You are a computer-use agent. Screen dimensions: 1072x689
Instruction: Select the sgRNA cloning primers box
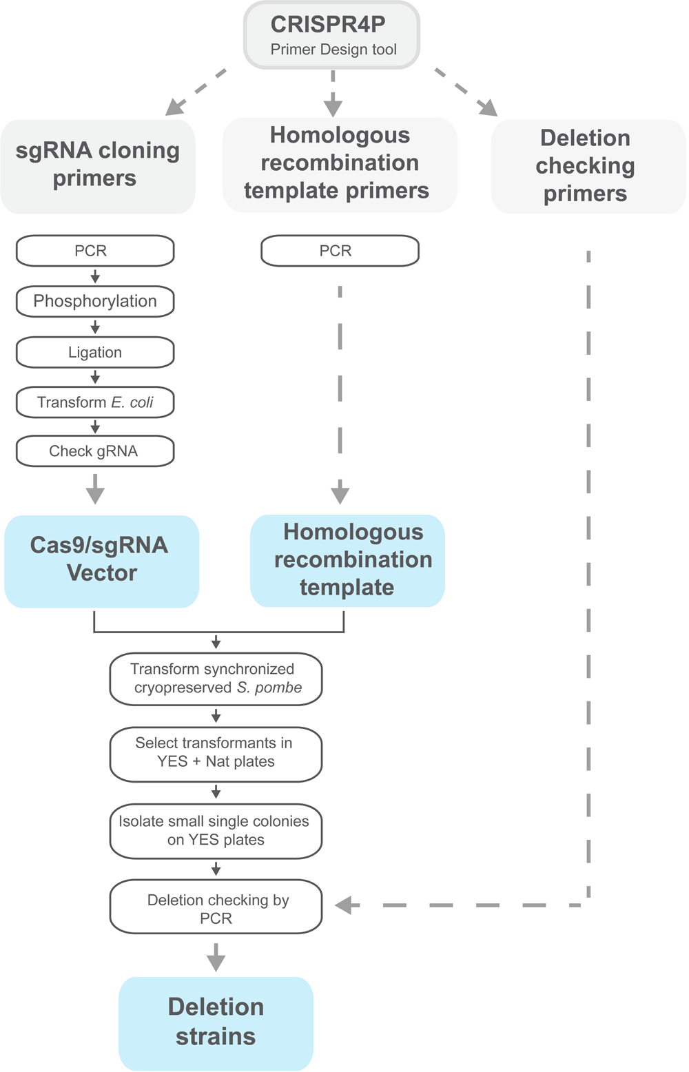click(x=97, y=165)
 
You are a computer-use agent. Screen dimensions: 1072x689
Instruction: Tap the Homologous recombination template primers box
click(x=339, y=164)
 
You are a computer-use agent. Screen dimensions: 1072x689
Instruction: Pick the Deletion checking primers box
click(x=587, y=166)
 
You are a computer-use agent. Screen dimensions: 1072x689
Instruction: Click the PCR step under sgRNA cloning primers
click(x=95, y=251)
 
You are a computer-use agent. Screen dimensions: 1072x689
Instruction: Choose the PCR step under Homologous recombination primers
click(x=340, y=251)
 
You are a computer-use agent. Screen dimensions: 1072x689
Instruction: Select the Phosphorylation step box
click(x=95, y=302)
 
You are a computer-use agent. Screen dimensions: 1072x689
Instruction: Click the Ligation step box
click(x=95, y=352)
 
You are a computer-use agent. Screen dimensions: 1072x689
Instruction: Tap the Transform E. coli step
click(x=95, y=402)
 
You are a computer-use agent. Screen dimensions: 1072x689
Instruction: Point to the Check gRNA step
click(x=95, y=451)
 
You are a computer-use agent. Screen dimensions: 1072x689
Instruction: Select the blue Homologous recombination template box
click(x=347, y=560)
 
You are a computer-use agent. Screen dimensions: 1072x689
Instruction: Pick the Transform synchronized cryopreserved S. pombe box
click(x=216, y=679)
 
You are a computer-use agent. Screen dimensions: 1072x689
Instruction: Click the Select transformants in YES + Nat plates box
click(x=216, y=753)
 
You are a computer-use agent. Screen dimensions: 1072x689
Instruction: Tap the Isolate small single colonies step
click(x=216, y=831)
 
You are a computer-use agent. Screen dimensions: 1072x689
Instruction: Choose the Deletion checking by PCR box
click(x=216, y=908)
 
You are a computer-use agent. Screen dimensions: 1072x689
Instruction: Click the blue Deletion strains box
click(x=216, y=1022)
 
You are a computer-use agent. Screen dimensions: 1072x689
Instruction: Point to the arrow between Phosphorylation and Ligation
click(x=95, y=327)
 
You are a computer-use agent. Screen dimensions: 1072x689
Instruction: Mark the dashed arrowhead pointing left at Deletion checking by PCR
click(x=344, y=905)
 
